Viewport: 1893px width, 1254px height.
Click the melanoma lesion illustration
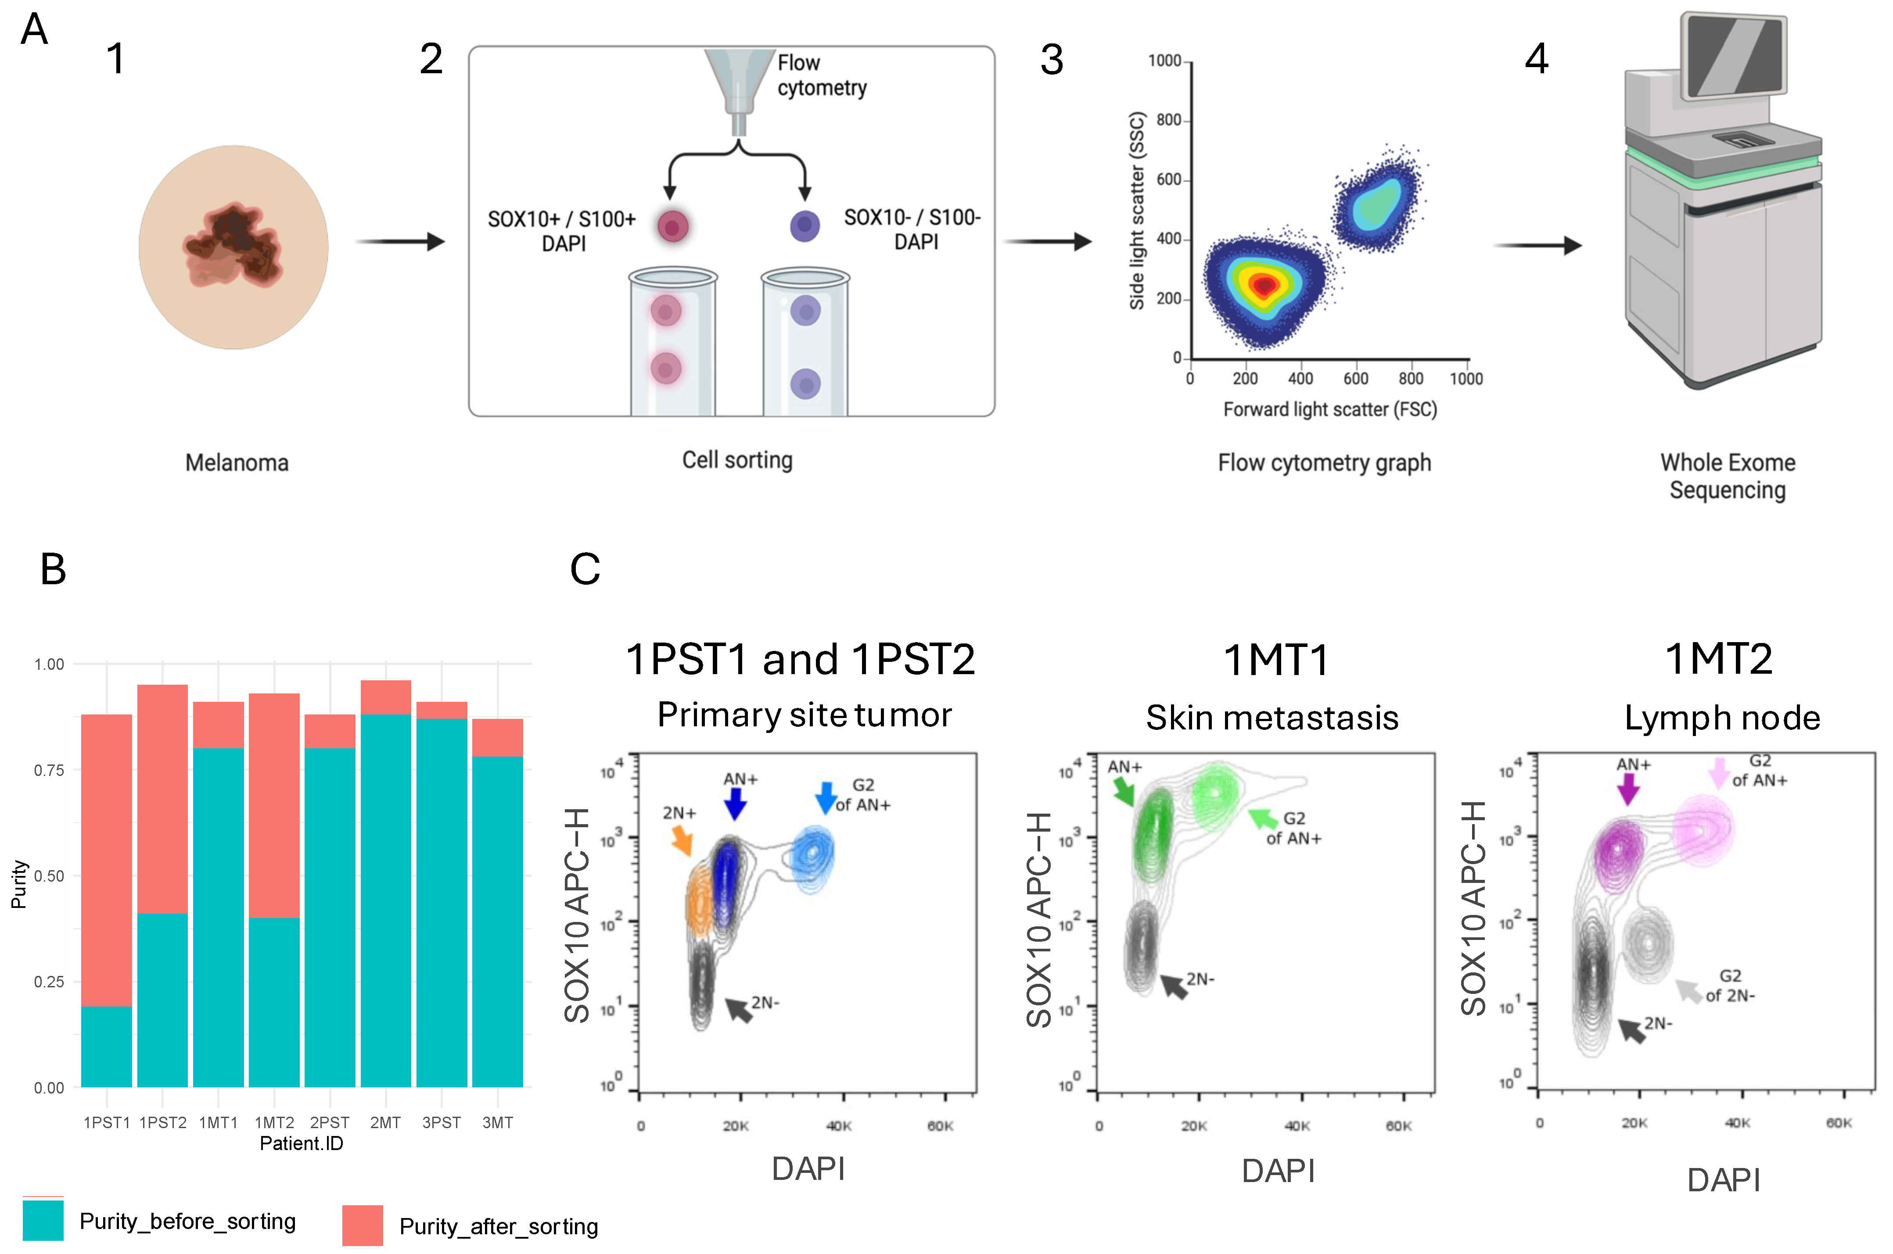pos(233,247)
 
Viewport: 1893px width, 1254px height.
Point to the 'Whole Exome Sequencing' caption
pos(1728,476)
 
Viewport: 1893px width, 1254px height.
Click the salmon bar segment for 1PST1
pos(106,860)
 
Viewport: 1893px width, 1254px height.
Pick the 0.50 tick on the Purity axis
pos(49,876)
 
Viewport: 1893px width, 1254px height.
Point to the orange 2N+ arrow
pos(682,840)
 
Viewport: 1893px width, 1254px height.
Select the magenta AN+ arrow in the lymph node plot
pos(1627,790)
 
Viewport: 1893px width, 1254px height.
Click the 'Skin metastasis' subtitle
pos(1272,718)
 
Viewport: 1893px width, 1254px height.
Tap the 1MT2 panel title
pos(1719,659)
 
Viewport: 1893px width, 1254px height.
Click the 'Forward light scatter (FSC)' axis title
pos(1330,410)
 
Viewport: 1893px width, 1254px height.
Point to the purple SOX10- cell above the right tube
pos(805,226)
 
